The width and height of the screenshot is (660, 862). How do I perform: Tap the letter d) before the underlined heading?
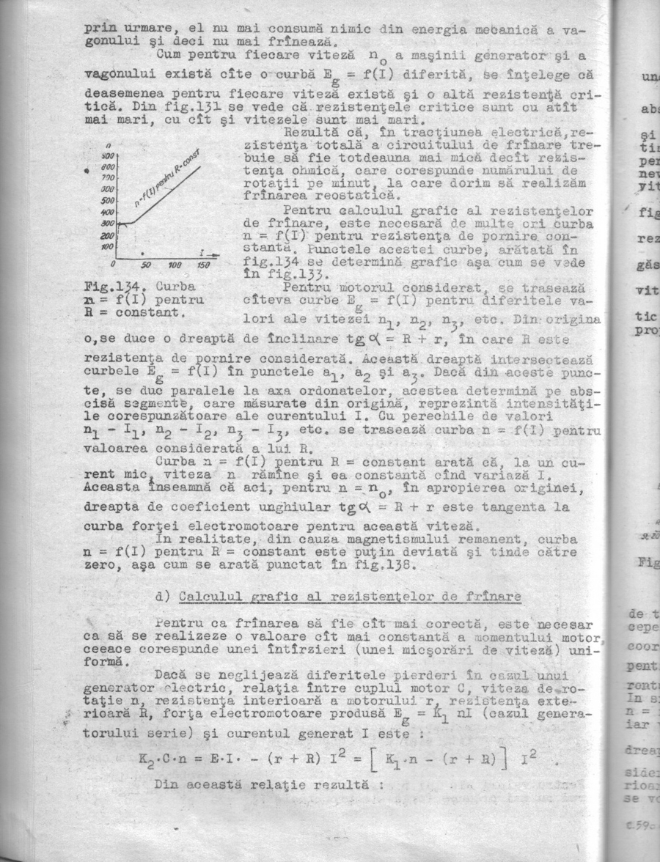164,597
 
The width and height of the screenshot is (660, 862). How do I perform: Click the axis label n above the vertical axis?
109,145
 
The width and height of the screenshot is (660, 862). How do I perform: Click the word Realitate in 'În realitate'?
200,539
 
